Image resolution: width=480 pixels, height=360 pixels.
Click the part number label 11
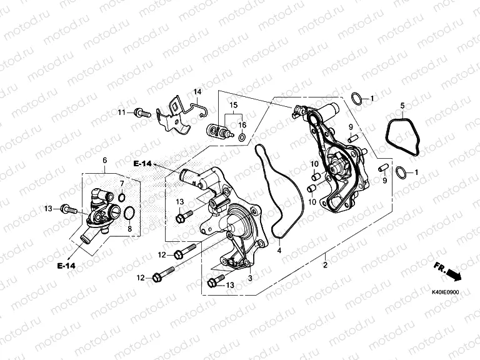click(122, 112)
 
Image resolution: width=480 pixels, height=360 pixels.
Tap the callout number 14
click(197, 92)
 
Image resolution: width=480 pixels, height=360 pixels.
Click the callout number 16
click(242, 125)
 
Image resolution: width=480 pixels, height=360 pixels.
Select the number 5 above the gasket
click(402, 106)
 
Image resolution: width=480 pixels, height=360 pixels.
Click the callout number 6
click(104, 161)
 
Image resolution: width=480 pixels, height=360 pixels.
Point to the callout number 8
click(129, 229)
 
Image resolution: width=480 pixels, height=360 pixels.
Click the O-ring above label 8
click(129, 214)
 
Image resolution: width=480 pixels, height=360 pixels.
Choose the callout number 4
click(279, 251)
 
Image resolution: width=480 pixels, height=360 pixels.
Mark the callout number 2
click(324, 265)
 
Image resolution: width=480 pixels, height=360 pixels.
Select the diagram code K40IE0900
click(446, 292)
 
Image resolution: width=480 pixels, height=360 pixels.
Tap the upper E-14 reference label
click(142, 163)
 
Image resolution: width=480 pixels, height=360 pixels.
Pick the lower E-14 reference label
click(66, 266)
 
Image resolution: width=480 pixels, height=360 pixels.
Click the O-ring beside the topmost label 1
click(356, 98)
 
